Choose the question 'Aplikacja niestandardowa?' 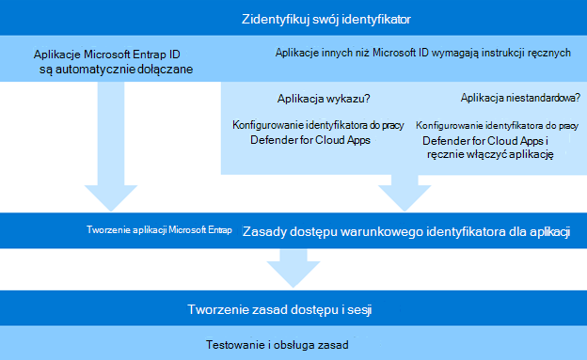[x=520, y=98]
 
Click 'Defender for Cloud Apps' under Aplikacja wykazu [x=310, y=140]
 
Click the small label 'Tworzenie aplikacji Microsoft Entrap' [x=157, y=230]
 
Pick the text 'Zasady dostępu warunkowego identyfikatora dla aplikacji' [x=406, y=231]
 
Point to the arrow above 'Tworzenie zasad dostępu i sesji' [x=293, y=270]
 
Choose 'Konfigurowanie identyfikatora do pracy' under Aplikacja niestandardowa [x=497, y=124]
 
